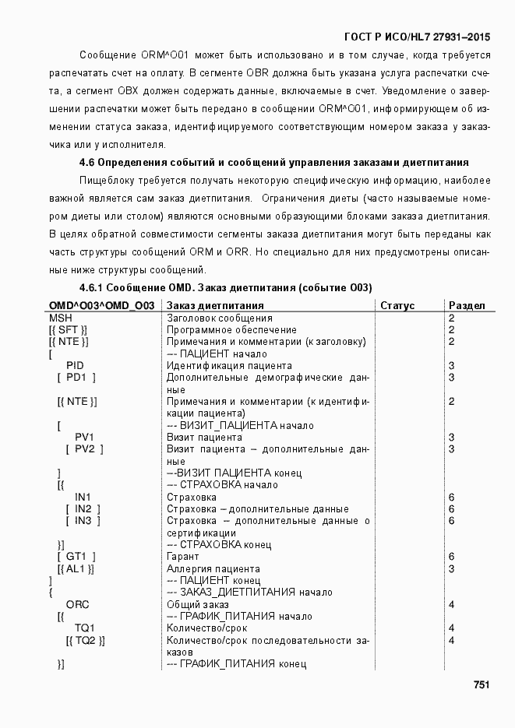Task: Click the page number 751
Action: point(481,685)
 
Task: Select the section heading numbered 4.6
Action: point(273,163)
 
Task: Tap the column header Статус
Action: point(397,306)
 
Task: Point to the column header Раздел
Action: point(467,306)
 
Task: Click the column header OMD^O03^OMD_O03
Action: point(101,306)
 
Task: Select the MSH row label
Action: point(60,318)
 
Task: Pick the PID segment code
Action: point(75,365)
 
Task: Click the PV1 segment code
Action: point(84,438)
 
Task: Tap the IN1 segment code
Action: point(83,497)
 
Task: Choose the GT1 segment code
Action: point(76,557)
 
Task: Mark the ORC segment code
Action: point(77,604)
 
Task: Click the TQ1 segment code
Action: point(84,628)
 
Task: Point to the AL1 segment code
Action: point(76,568)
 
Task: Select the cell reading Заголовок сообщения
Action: point(220,318)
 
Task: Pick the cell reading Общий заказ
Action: point(198,604)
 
